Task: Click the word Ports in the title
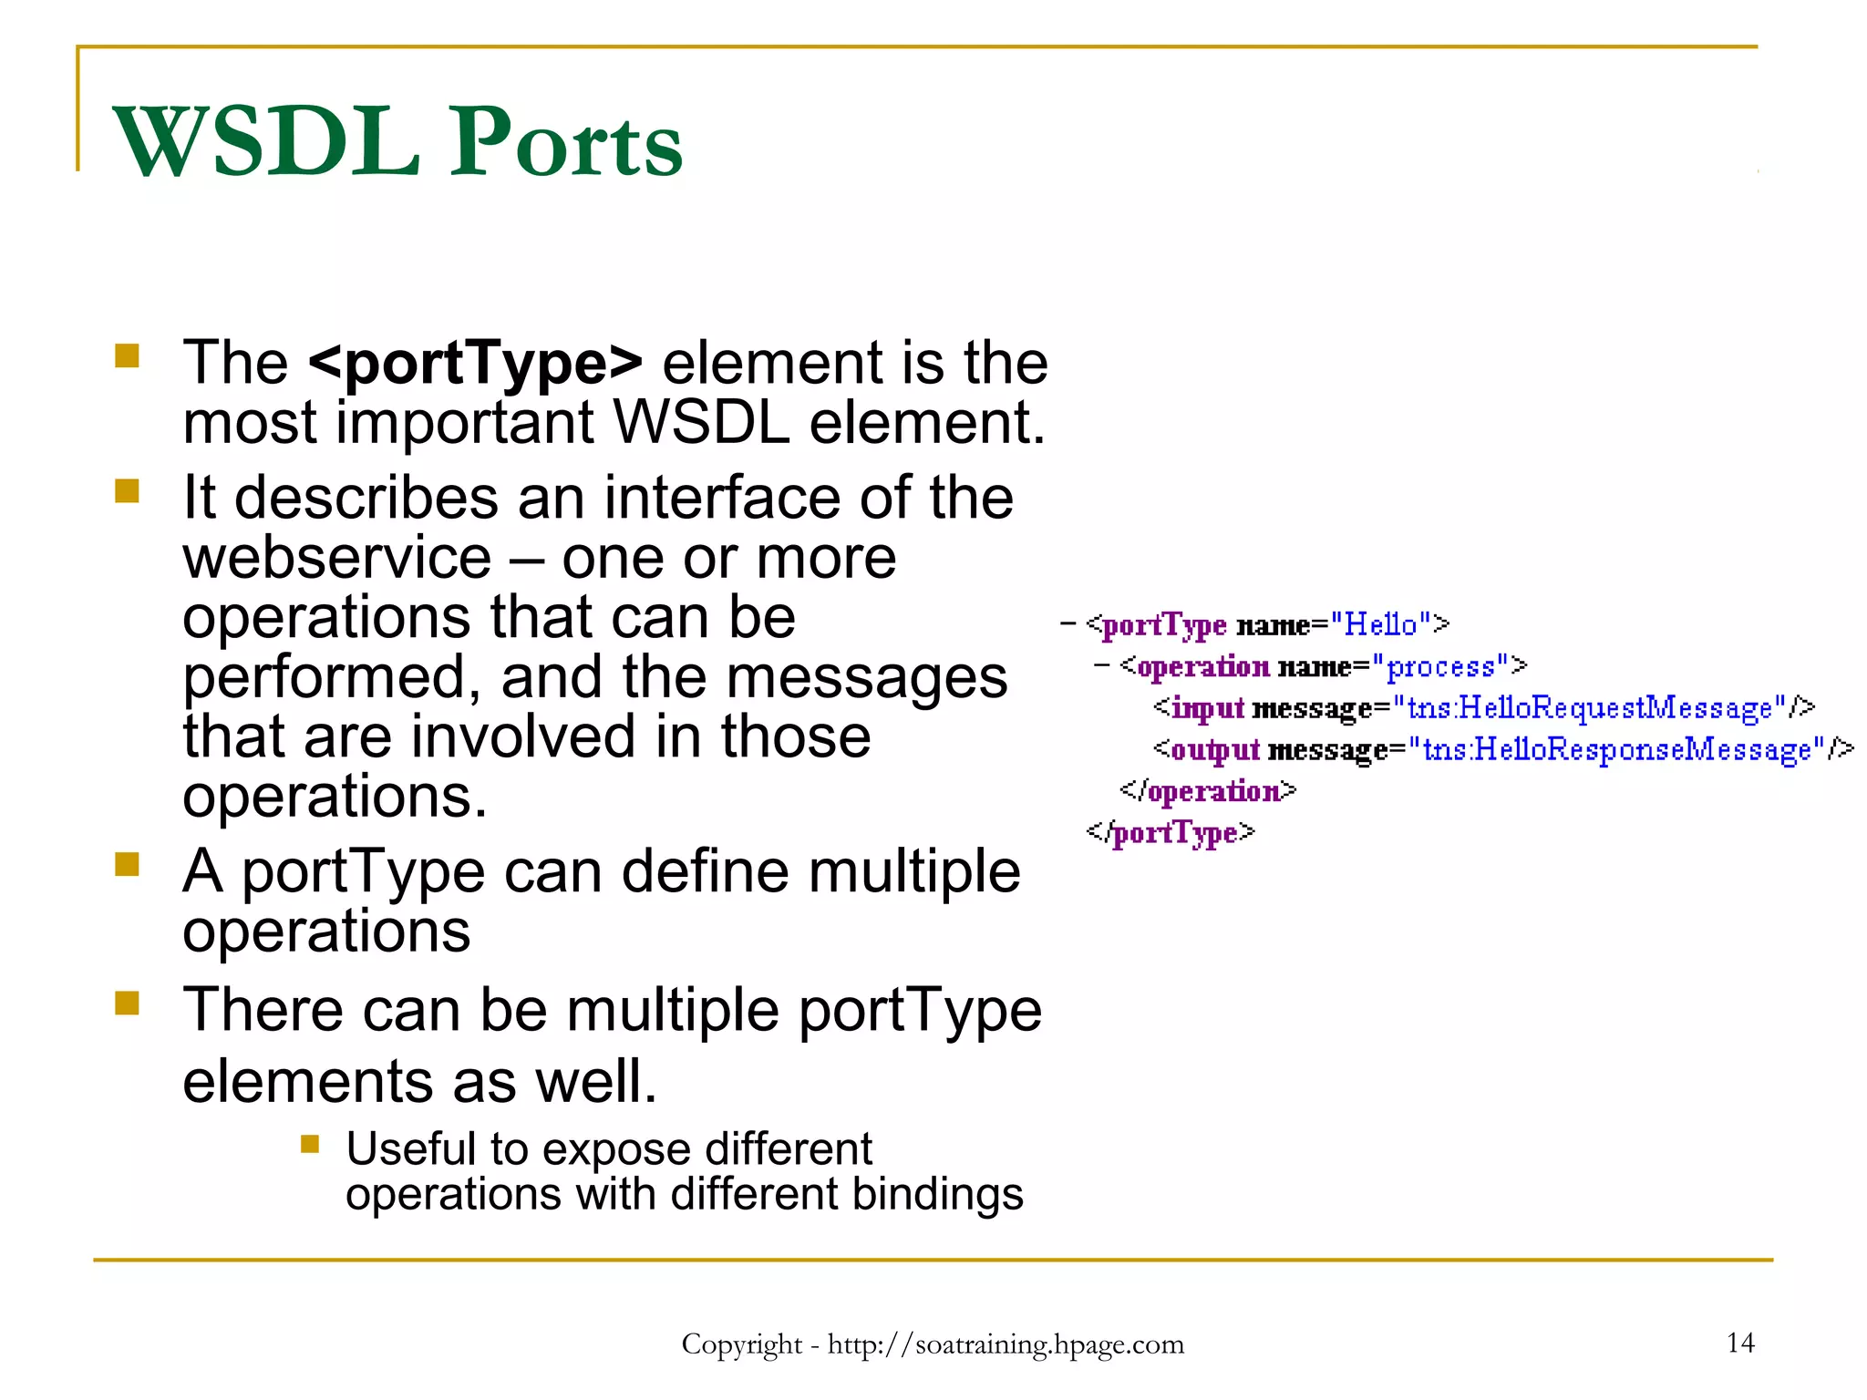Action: pyautogui.click(x=567, y=143)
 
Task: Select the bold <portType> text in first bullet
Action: pyautogui.click(x=475, y=363)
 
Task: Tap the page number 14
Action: pyautogui.click(x=1739, y=1343)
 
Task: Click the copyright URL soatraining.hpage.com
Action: pyautogui.click(x=1006, y=1344)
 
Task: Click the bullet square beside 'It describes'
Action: pyautogui.click(x=127, y=491)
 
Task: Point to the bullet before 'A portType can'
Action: pyautogui.click(x=127, y=863)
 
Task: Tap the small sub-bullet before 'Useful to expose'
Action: pyautogui.click(x=310, y=1143)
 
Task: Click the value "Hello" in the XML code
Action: pyautogui.click(x=1380, y=625)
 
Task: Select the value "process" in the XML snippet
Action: pyautogui.click(x=1440, y=667)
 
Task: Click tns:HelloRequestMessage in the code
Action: pyautogui.click(x=1590, y=708)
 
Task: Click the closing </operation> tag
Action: pyautogui.click(x=1207, y=791)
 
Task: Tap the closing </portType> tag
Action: pyautogui.click(x=1171, y=833)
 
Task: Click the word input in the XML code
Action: pyautogui.click(x=1207, y=709)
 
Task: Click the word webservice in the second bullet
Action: pyautogui.click(x=336, y=558)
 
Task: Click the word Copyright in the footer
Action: pyautogui.click(x=741, y=1344)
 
